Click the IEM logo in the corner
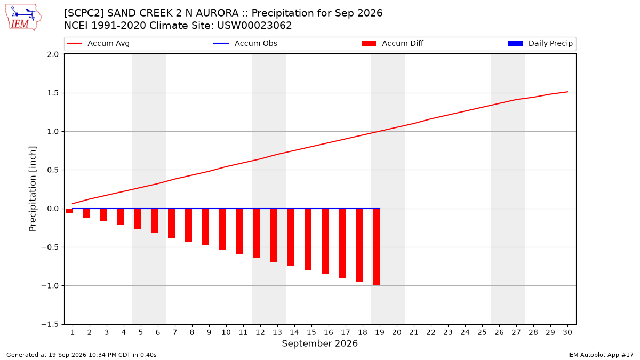click(23, 18)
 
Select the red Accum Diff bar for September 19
click(377, 247)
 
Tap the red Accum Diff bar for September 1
click(69, 211)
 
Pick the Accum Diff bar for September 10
click(222, 229)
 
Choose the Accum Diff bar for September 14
click(291, 237)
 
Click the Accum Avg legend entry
click(98, 43)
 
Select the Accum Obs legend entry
click(245, 43)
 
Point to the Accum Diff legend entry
click(393, 43)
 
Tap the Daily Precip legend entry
click(540, 43)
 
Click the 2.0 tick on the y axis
click(53, 54)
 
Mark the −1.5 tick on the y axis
click(50, 324)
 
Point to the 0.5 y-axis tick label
click(53, 170)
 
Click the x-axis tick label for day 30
click(567, 332)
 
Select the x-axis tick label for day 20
click(397, 332)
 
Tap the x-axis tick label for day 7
click(175, 332)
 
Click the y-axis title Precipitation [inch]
click(33, 189)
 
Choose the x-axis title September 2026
click(319, 343)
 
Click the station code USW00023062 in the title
click(254, 26)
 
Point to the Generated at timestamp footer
click(82, 355)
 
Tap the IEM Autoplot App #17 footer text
click(601, 355)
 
